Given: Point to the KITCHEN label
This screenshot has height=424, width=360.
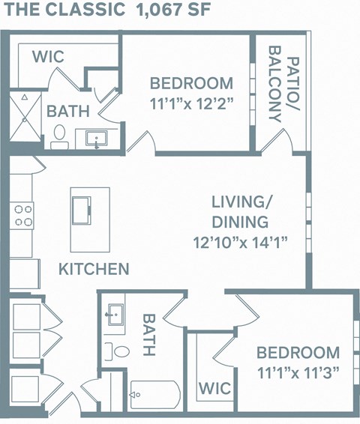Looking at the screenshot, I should point(94,268).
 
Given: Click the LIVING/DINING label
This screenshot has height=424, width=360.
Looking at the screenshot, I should point(240,212).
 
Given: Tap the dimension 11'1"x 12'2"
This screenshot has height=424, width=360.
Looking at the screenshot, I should point(191,103).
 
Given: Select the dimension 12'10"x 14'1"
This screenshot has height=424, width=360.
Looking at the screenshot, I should point(240,242).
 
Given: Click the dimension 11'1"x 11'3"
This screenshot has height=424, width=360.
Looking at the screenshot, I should point(298,372).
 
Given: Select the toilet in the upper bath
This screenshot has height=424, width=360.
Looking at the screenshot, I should point(59,135).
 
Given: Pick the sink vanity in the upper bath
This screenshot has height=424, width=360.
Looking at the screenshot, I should point(97,139).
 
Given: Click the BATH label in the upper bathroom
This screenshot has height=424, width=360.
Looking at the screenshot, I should point(68,111).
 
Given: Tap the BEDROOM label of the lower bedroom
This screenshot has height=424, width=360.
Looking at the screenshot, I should point(298,352).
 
